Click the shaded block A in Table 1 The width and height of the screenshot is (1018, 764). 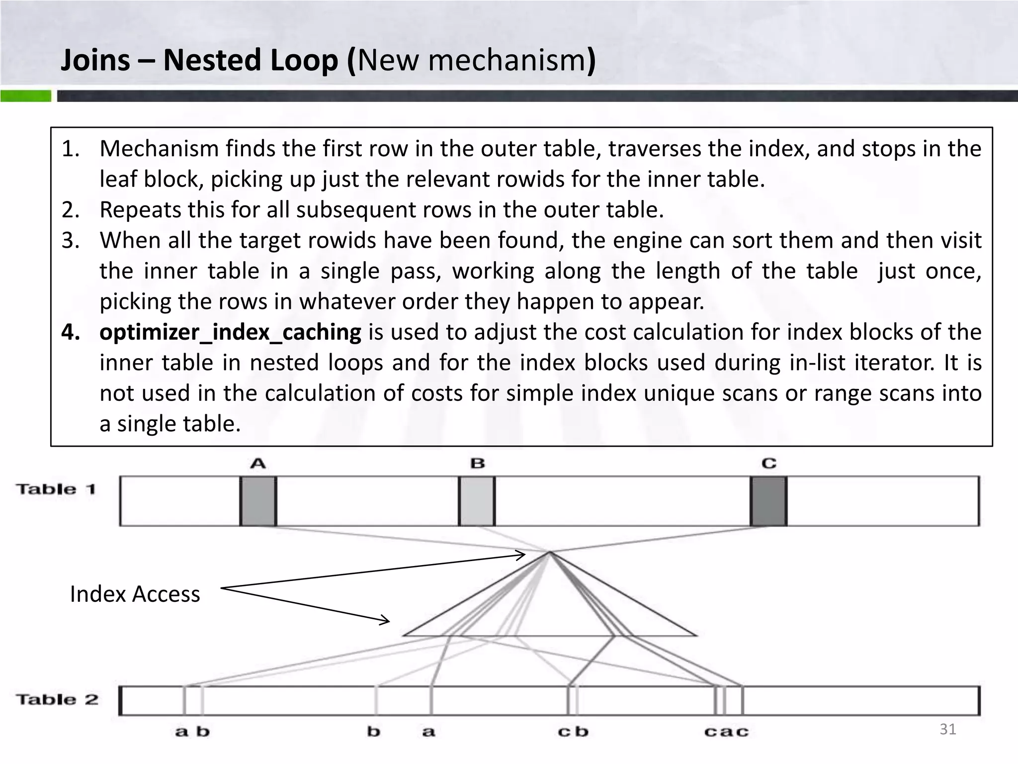click(258, 501)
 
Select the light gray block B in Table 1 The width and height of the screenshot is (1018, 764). click(477, 501)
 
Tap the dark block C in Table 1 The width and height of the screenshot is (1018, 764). click(768, 501)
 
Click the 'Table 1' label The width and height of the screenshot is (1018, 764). click(56, 489)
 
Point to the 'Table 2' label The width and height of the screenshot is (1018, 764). click(57, 699)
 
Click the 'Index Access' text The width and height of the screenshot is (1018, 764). click(135, 594)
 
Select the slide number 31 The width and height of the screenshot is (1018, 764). click(948, 729)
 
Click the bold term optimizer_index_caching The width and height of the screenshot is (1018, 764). click(230, 332)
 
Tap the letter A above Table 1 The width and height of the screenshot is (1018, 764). click(258, 464)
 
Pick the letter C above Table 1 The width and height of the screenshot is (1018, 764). click(768, 464)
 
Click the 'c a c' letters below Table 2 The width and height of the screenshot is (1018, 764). click(726, 732)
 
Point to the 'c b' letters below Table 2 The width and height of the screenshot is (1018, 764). click(573, 732)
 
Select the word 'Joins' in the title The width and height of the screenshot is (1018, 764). click(95, 60)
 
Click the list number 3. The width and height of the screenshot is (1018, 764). click(71, 241)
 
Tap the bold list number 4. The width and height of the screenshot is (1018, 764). click(71, 332)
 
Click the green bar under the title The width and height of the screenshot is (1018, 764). click(25, 96)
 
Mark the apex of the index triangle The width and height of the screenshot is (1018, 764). click(550, 552)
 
